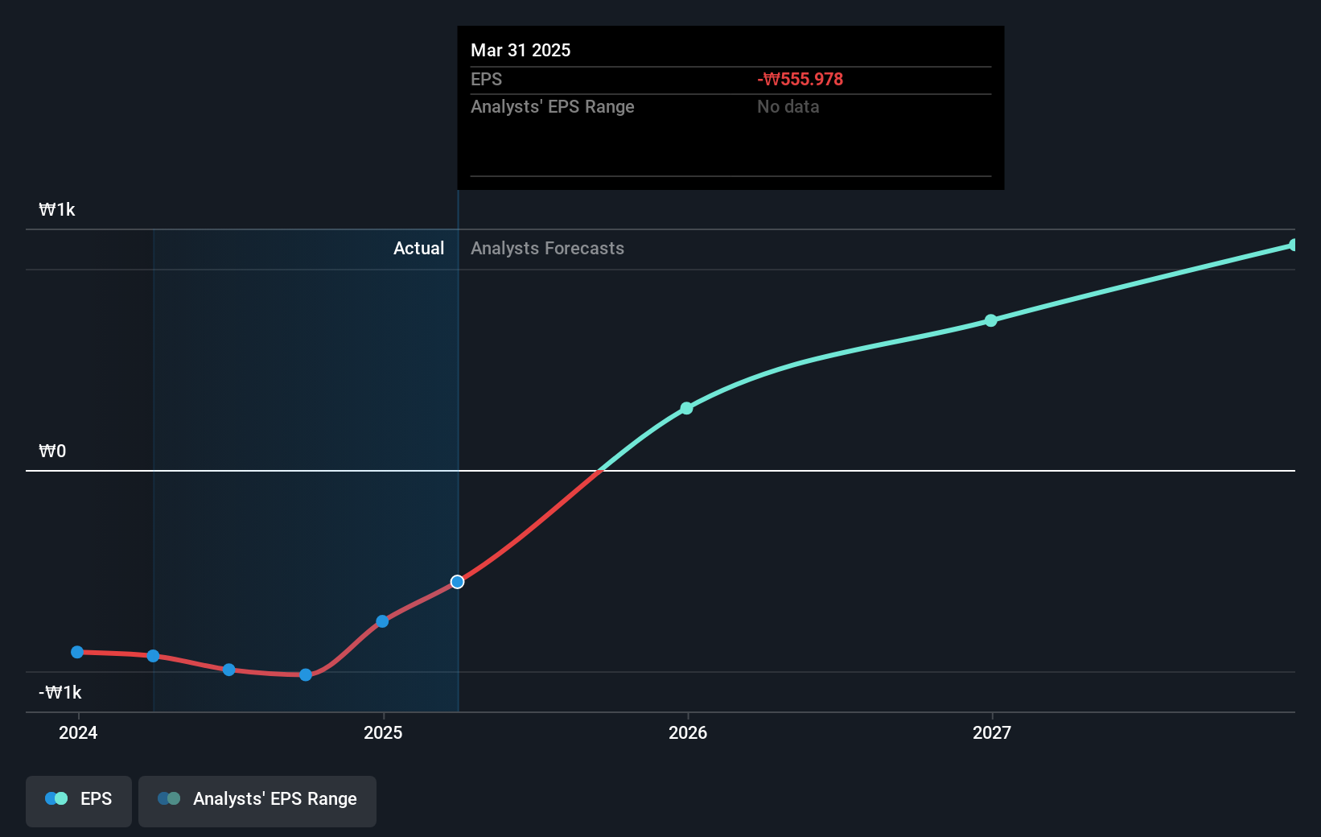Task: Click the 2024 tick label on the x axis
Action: click(78, 732)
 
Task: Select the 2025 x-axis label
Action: click(383, 732)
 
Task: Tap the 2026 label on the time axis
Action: click(688, 732)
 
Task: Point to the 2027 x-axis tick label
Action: click(992, 732)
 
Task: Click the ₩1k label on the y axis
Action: click(57, 210)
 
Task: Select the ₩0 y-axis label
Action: click(52, 451)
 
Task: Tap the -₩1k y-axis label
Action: click(60, 693)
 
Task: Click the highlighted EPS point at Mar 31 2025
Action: click(457, 582)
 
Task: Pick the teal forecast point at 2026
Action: click(686, 409)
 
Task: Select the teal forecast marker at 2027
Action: click(991, 320)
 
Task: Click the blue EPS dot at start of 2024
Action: click(77, 652)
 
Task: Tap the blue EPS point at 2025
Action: click(382, 621)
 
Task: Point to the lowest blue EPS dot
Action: click(306, 675)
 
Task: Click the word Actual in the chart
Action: click(418, 249)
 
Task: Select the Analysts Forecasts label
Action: click(547, 249)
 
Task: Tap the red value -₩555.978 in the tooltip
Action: click(800, 80)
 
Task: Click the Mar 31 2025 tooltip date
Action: click(521, 51)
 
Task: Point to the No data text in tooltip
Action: click(788, 107)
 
